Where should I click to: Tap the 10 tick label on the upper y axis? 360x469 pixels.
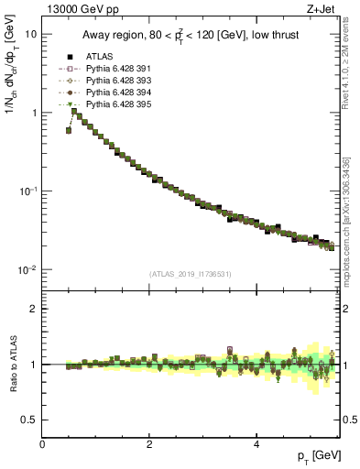(30, 34)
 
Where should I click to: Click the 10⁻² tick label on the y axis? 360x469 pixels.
(27, 270)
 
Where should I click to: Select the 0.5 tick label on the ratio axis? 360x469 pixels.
(30, 420)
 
